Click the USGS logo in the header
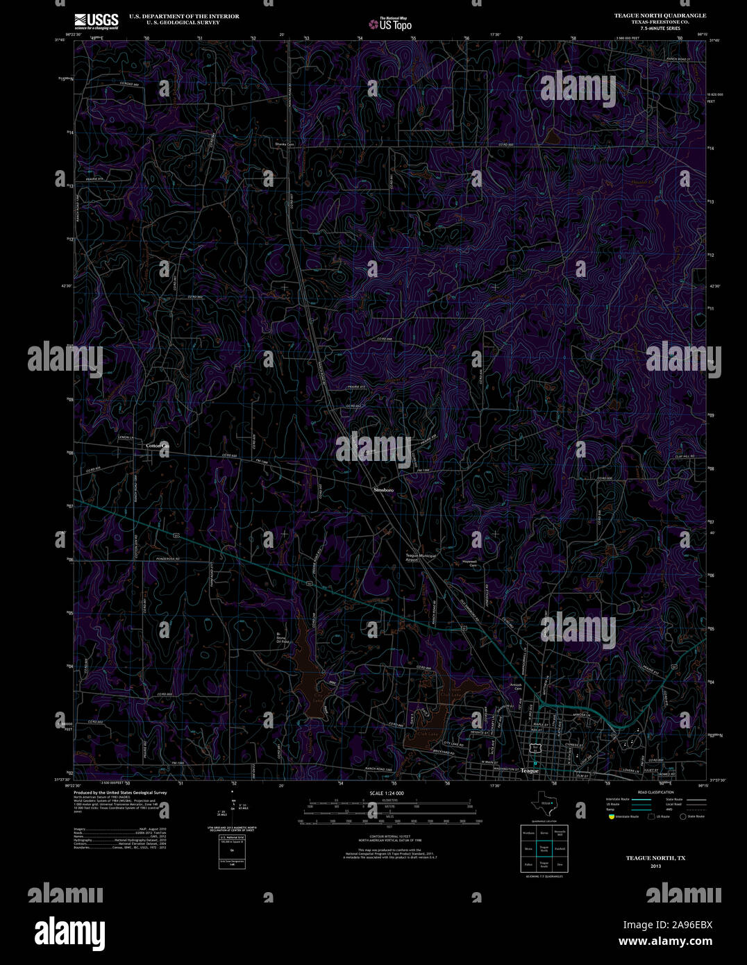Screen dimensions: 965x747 click(96, 20)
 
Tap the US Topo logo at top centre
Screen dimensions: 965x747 click(389, 24)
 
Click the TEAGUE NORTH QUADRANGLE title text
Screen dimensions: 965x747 click(660, 15)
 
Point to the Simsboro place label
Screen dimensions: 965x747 click(384, 490)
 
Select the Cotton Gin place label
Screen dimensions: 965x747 click(157, 445)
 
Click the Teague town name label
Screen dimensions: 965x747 click(530, 771)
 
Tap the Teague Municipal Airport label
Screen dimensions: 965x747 click(421, 557)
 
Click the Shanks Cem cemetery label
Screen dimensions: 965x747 click(285, 144)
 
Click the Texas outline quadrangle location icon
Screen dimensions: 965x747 click(544, 803)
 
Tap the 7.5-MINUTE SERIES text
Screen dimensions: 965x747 click(660, 28)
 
